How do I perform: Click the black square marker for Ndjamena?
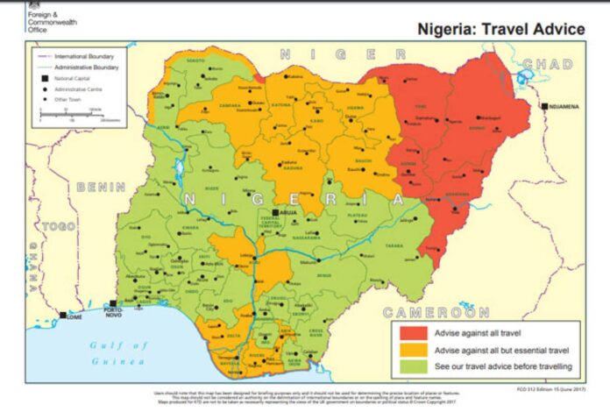click(544, 106)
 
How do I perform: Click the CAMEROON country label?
click(436, 312)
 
